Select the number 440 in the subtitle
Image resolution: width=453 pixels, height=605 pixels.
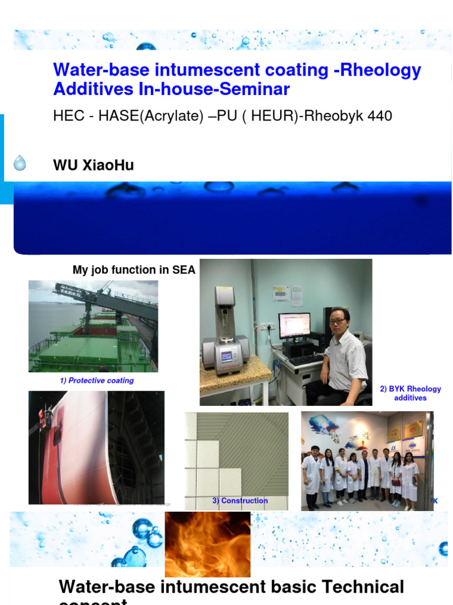(379, 116)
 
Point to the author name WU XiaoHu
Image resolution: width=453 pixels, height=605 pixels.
(93, 166)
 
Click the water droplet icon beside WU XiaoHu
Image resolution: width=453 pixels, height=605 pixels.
(20, 163)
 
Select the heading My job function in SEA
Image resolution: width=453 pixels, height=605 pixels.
(133, 270)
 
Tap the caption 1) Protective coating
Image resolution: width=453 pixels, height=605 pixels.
(97, 380)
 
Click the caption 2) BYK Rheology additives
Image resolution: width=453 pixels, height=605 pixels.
(411, 393)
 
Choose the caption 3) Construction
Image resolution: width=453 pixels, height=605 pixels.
(240, 501)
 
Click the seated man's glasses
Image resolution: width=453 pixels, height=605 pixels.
(338, 321)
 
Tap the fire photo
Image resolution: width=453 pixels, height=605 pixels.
(207, 544)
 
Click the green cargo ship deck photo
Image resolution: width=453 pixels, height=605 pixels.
(93, 326)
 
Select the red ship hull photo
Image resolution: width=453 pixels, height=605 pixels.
(96, 447)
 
